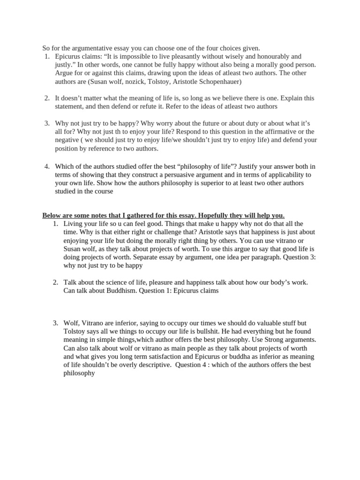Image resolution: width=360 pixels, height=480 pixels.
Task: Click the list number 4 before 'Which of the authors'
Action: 47,166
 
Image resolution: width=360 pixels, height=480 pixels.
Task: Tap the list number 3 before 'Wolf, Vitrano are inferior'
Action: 55,323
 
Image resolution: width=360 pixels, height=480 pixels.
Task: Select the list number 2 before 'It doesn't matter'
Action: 47,98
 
